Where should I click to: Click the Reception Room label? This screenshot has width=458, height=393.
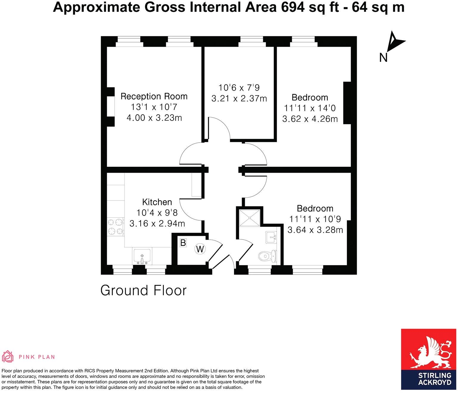coord(154,96)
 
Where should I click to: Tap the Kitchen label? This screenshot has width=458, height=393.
coord(157,202)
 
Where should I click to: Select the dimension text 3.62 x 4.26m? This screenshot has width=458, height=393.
coord(310,119)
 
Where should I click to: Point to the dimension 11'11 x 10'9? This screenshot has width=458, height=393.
coord(315,219)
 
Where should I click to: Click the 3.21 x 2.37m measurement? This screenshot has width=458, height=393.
coord(239,99)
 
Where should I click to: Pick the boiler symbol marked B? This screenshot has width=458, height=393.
coord(183,243)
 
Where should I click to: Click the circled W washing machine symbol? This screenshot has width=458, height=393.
coord(200,249)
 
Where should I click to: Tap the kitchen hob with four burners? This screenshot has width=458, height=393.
coord(116,227)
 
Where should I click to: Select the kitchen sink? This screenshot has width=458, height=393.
coord(142,257)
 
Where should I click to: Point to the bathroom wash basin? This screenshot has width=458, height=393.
coord(271,237)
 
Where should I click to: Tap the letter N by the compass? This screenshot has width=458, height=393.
coord(383,57)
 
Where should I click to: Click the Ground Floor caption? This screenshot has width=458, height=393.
coord(143,291)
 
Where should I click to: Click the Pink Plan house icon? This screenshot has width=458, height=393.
coord(8,357)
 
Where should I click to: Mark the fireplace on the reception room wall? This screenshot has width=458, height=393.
coord(111,107)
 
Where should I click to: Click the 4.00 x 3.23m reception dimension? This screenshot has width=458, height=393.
coord(154,118)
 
